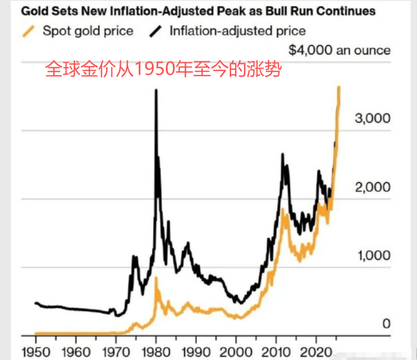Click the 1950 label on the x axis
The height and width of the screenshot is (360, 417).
(36, 352)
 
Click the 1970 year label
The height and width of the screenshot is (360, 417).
(115, 352)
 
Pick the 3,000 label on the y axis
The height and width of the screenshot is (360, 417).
(372, 118)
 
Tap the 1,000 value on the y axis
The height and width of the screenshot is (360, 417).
(372, 255)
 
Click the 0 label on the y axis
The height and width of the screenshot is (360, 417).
(386, 324)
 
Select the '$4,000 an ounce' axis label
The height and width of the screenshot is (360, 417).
(339, 50)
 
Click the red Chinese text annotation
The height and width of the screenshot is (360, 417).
(162, 70)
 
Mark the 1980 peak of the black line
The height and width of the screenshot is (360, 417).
(156, 90)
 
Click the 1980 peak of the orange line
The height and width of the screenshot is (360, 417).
(156, 277)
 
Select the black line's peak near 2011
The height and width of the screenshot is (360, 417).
(282, 154)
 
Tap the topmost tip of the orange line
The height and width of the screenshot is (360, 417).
(339, 88)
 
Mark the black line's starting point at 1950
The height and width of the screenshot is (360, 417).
(36, 303)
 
